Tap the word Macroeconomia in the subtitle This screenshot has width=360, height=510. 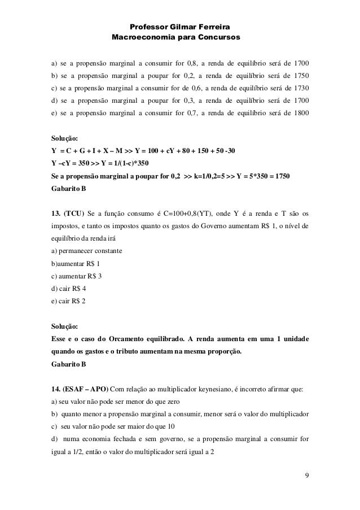tap(141, 38)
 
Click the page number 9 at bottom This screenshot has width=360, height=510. tap(306, 473)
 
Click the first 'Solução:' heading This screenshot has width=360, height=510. tap(65, 138)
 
